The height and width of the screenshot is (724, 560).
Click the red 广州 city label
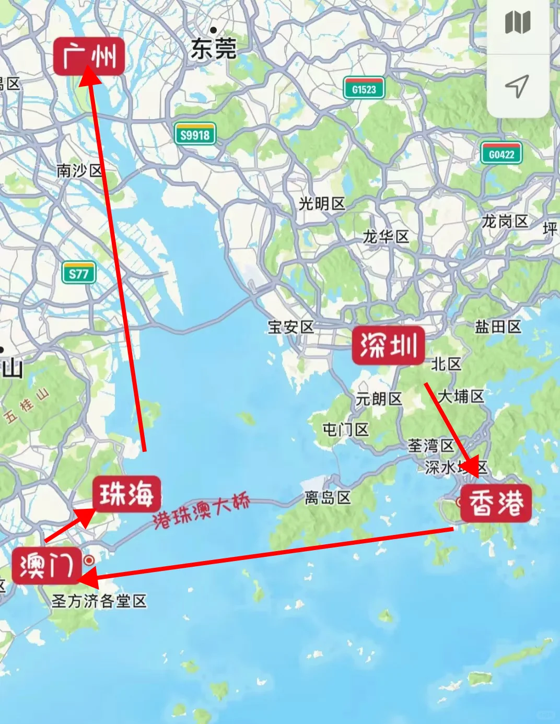click(89, 56)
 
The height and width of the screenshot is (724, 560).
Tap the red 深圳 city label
click(388, 346)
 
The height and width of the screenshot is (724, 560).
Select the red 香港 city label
click(496, 504)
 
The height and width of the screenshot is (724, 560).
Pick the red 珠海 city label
click(127, 494)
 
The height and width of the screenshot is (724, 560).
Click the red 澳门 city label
click(47, 565)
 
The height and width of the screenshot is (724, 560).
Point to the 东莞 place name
click(213, 49)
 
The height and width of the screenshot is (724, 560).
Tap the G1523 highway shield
click(364, 89)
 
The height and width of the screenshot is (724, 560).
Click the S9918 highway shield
click(195, 135)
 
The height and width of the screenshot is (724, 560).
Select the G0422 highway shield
click(501, 154)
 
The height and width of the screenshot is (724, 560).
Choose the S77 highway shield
click(79, 273)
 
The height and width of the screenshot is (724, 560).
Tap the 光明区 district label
click(322, 204)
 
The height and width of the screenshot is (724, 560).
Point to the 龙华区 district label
click(386, 237)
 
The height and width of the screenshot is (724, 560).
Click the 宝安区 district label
click(291, 327)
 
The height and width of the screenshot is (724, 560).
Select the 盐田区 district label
click(498, 327)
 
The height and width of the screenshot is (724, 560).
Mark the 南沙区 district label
click(79, 170)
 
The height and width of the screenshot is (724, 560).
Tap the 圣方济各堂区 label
click(99, 601)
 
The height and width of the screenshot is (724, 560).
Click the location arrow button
click(517, 86)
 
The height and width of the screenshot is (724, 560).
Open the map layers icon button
click(518, 23)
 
